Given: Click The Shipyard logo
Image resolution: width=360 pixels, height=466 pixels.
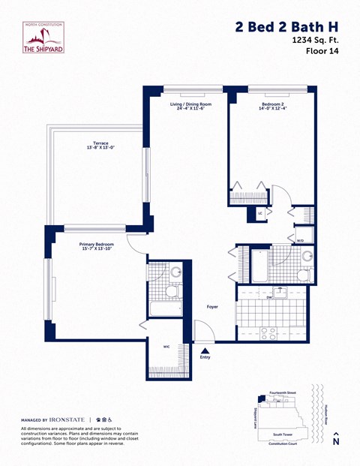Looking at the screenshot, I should tap(44, 38).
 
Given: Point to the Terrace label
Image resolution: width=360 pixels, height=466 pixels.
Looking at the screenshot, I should tap(101, 144).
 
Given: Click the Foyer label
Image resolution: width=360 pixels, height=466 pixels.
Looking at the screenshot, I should tap(213, 306).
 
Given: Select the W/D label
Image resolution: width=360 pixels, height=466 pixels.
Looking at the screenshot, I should tap(300, 240).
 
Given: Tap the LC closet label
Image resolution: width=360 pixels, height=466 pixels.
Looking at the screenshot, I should tap(259, 213).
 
